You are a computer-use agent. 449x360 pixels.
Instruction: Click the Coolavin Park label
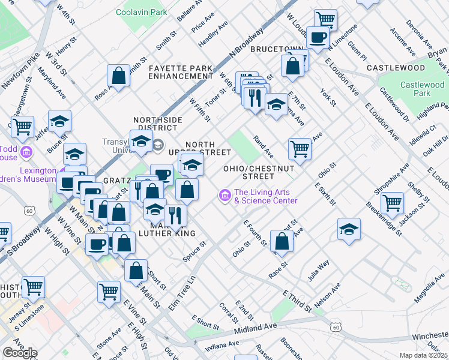pos(142,11)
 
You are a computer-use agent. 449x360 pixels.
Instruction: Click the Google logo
pos(20,353)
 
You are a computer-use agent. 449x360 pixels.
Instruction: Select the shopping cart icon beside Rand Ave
pos(300,147)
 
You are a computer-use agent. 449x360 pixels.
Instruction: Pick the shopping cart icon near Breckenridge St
pos(393,202)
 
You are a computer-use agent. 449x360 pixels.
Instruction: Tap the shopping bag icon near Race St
pos(282,241)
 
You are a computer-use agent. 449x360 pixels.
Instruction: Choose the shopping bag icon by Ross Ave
pos(119,76)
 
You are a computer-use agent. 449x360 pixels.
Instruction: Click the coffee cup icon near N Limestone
pos(318,38)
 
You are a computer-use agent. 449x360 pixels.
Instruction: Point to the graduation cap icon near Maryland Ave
pos(60,121)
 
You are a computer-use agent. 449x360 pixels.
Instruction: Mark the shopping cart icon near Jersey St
pos(33,287)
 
